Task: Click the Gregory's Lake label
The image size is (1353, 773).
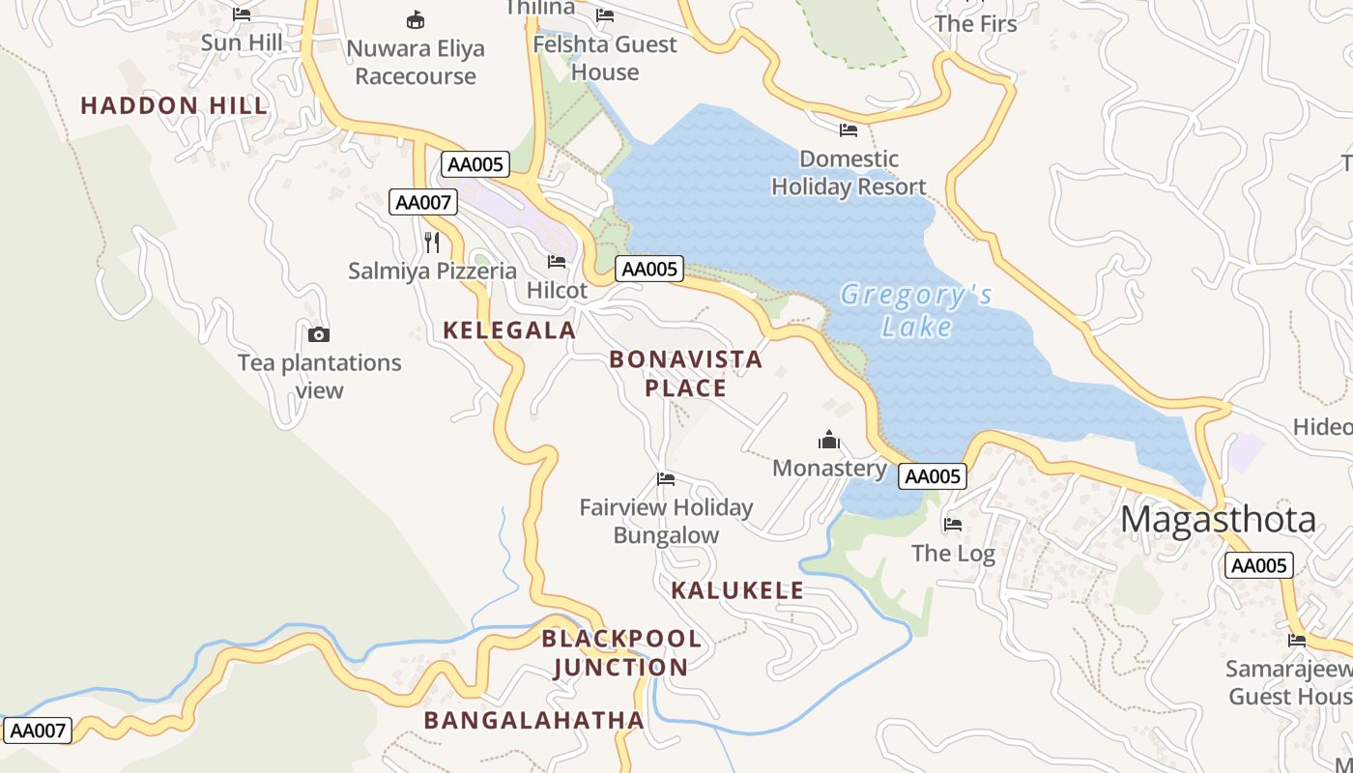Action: (915, 310)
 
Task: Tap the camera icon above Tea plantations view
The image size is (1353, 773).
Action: (318, 334)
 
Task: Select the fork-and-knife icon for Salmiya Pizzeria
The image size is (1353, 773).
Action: (432, 242)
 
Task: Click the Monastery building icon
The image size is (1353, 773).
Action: (829, 441)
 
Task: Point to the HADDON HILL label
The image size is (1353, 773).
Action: (174, 106)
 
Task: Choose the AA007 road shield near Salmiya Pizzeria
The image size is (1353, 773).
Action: (423, 202)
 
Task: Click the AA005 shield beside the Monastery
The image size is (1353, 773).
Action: (932, 475)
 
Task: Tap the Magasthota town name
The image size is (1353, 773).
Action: (1218, 520)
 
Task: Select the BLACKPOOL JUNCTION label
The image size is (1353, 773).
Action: (620, 652)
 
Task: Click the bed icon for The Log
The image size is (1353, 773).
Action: (953, 525)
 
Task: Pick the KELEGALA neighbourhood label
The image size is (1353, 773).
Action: (509, 330)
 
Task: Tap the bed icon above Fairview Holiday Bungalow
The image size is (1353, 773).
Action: (665, 478)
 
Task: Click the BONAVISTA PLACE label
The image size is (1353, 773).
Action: (685, 374)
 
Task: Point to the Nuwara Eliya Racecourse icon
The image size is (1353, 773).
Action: (416, 19)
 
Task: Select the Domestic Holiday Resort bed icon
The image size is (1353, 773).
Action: (849, 129)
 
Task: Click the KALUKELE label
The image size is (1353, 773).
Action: (737, 590)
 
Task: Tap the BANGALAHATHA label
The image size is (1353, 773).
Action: (533, 720)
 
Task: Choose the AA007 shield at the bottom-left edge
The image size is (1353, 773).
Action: (38, 730)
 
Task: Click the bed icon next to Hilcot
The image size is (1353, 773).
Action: (557, 261)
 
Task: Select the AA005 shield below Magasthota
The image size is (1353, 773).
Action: (1259, 565)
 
